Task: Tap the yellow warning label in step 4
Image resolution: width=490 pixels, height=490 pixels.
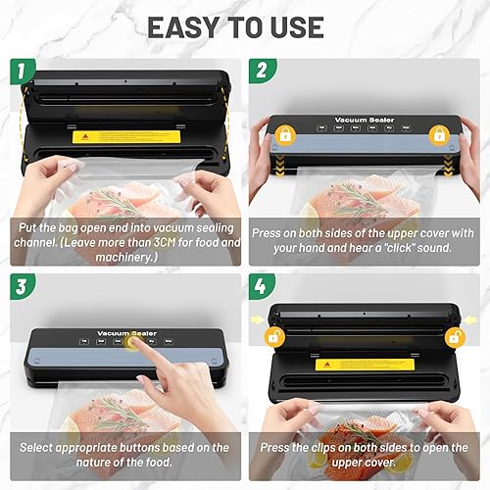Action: click(x=352, y=364)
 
